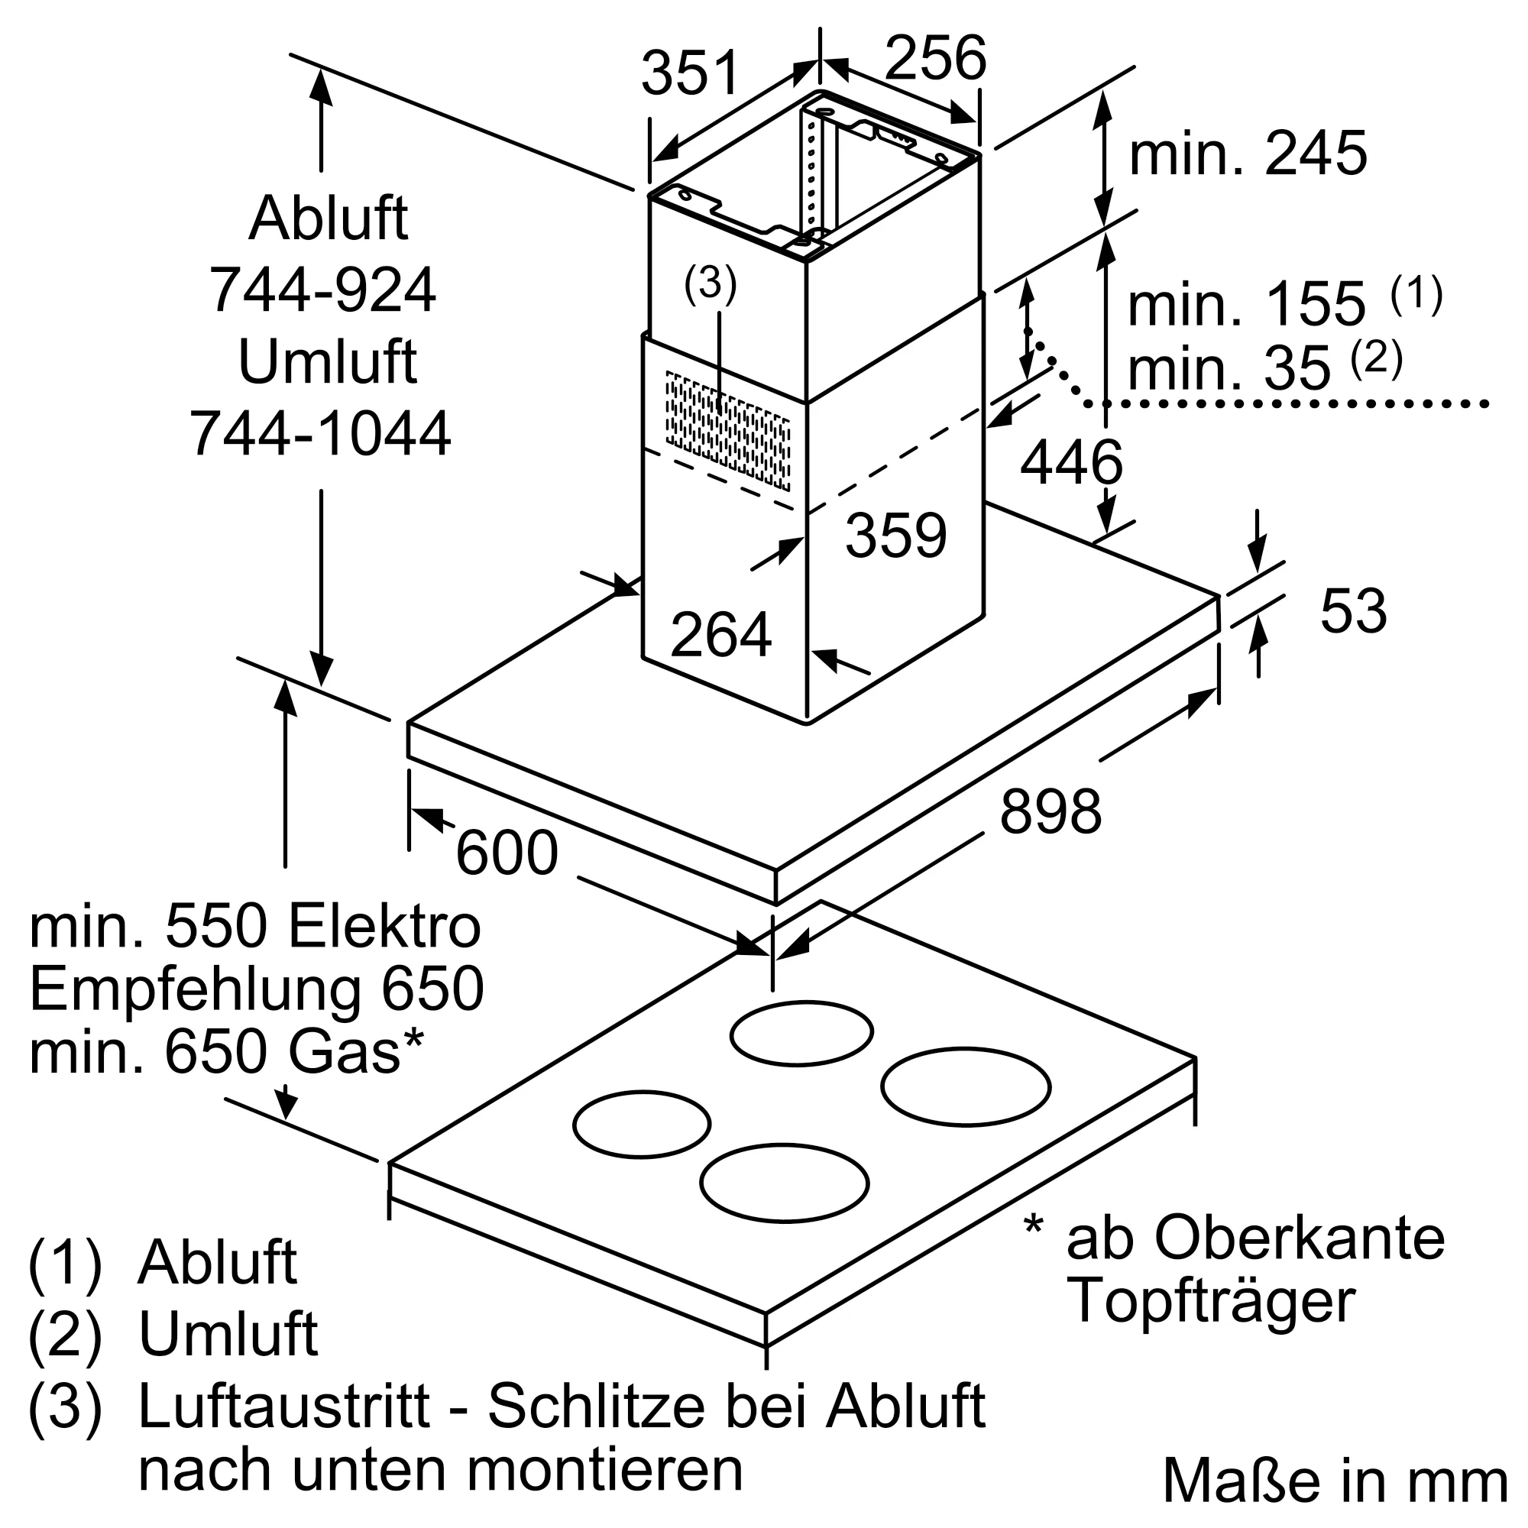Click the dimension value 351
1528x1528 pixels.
tap(690, 73)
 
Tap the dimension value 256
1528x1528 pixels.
tap(936, 57)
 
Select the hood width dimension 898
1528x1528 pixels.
tap(1050, 811)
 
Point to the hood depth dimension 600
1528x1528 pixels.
tap(507, 853)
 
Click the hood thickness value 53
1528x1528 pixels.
tap(1353, 610)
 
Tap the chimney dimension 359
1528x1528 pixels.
tap(896, 536)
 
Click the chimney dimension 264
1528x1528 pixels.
tap(720, 634)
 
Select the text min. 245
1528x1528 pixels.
tap(1248, 153)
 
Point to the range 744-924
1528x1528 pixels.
tap(322, 290)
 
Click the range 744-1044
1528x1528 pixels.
tap(320, 433)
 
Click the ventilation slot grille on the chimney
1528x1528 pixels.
tap(727, 430)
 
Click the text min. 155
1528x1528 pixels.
tap(1246, 304)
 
